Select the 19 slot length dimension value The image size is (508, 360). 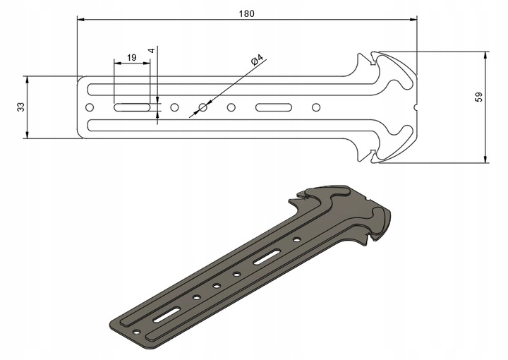pos(131,56)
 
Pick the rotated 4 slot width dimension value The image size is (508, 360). pos(151,52)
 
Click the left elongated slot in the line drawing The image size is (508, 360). pos(132,107)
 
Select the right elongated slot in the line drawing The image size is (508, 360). pos(274,107)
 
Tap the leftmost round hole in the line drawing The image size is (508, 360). pos(90,107)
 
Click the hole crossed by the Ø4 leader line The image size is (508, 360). pos(203,107)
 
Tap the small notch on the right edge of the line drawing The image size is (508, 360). pos(415,107)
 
